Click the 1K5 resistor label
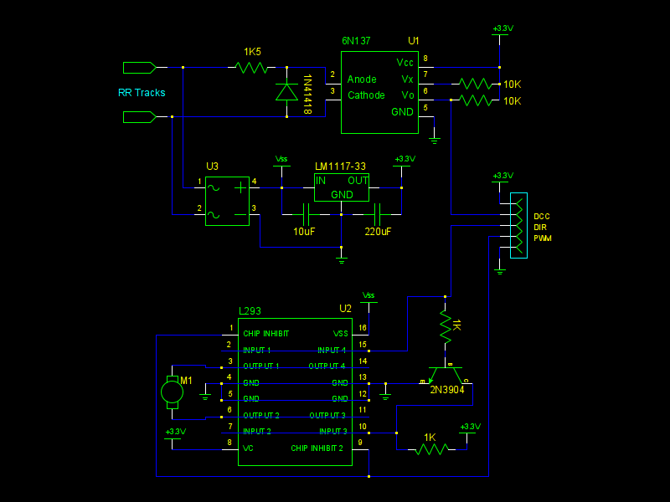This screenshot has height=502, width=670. [252, 52]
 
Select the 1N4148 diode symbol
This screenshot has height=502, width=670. [287, 91]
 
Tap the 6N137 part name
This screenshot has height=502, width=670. [356, 40]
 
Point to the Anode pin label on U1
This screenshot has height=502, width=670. [363, 79]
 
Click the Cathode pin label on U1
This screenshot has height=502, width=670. [367, 95]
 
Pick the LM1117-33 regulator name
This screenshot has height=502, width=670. [340, 166]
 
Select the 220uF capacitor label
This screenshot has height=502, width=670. [377, 231]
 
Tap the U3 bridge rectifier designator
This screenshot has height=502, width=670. [213, 166]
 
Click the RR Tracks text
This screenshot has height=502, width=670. [142, 93]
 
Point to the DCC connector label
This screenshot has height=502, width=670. [541, 217]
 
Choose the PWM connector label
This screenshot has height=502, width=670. [543, 238]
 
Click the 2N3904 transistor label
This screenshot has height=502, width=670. [447, 389]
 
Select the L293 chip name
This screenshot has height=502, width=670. [250, 310]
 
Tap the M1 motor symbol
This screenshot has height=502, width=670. [172, 391]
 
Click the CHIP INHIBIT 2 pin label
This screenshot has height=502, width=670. [317, 448]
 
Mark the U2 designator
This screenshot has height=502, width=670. [345, 309]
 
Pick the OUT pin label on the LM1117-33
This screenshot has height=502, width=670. [358, 181]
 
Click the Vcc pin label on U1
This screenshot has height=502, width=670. [405, 63]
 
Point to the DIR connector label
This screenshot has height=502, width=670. [540, 228]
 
